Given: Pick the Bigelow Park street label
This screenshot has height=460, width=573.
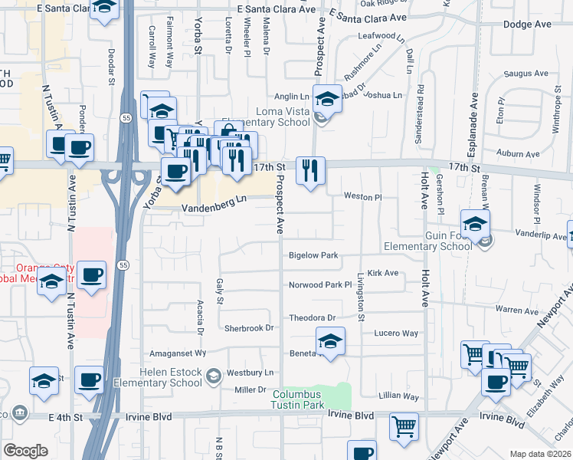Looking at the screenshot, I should point(313,255).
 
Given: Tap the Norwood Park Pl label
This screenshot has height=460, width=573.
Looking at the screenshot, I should point(319,284).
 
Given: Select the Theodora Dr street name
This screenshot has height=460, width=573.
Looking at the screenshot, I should point(312,317).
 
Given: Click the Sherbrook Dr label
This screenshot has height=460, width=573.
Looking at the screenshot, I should point(249,328).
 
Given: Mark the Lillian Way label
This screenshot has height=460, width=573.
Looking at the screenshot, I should point(399,396).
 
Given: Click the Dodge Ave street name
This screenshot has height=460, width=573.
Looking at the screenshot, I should point(527,25).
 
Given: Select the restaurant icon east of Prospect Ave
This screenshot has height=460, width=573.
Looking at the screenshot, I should point(310,170).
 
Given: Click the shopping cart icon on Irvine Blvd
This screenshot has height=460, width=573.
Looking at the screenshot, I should point(404,427).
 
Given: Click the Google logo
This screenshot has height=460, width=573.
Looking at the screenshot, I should point(25,451).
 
